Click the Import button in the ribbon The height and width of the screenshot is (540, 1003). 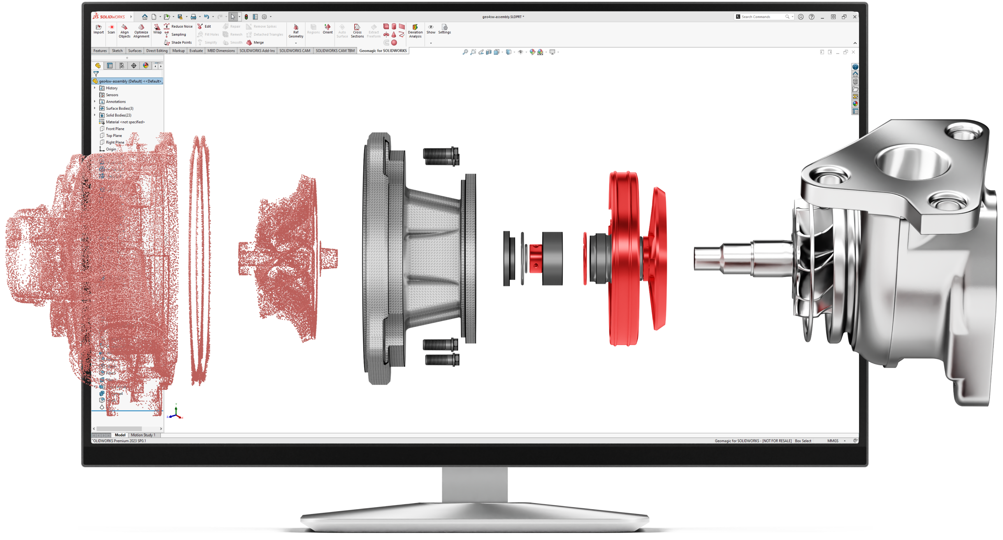pos(98,29)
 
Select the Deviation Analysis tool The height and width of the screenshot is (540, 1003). pos(415,31)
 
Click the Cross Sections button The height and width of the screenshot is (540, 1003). pos(357,31)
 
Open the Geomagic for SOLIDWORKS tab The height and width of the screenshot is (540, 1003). pos(383,51)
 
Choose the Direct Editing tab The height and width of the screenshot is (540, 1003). pos(156,51)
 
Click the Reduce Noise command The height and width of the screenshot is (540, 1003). pos(181,26)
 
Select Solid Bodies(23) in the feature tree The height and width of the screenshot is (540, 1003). pos(118,115)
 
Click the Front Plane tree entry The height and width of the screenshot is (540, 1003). pos(115,129)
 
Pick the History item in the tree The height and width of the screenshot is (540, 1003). pos(111,88)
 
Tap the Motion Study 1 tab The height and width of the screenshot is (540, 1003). pos(143,435)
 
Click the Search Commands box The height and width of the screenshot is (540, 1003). pos(761,17)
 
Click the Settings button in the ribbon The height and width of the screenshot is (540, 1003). pos(444,29)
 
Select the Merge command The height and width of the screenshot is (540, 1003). pos(258,42)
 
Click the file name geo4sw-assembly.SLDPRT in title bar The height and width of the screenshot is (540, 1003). pos(503,17)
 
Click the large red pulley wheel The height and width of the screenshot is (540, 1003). pos(624,258)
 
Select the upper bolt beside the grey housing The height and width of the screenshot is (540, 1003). pos(441,156)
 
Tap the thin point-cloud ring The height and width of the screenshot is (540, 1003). pos(199,261)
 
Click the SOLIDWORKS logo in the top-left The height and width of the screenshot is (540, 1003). pos(109,17)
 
